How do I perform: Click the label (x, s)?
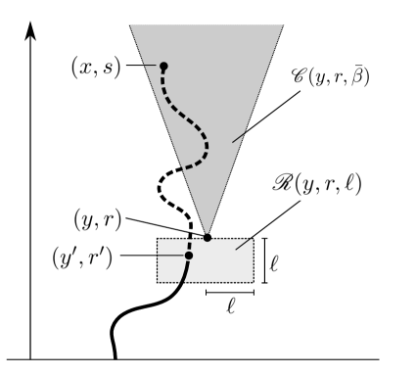97,67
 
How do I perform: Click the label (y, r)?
98,219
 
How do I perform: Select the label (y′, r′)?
83,258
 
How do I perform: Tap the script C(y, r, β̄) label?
331,75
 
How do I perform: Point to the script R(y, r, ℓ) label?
316,183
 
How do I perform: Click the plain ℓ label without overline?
274,262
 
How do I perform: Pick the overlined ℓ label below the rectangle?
230,305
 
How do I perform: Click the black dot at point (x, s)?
163,67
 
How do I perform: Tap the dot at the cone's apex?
207,236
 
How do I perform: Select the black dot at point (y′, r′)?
189,256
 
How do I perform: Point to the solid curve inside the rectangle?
184,271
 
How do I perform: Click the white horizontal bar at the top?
203,18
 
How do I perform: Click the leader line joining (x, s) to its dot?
149,66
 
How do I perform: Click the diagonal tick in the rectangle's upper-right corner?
244,244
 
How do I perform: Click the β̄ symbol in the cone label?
360,75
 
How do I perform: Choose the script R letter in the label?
285,182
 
